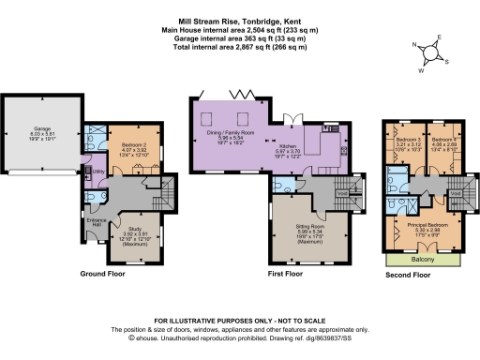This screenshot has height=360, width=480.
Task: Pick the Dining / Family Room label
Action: tap(230, 134)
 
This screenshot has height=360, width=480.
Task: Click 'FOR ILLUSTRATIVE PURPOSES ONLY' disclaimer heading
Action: tap(240, 321)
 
